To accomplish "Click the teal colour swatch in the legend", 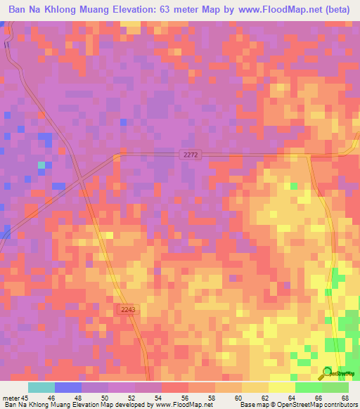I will pos(41,387).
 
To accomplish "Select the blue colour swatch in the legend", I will pos(68,387).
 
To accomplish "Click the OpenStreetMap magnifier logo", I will pos(326,373).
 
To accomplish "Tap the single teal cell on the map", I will pos(41,165).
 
